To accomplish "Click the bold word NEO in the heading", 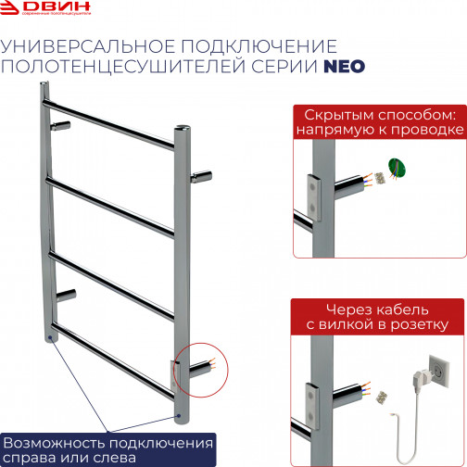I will [343, 66].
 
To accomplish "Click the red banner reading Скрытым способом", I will [377, 121].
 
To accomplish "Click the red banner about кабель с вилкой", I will [377, 316].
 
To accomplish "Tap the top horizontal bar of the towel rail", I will [111, 120].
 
